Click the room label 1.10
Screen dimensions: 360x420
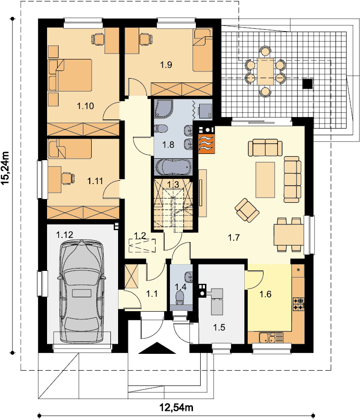(85, 106)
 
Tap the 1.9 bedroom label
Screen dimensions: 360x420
(166, 65)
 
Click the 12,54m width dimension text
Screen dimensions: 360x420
(177, 408)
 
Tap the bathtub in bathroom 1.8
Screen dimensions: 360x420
(174, 167)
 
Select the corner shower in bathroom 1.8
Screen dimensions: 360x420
(163, 109)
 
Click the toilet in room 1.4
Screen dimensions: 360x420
(180, 298)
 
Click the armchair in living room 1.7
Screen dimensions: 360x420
(247, 210)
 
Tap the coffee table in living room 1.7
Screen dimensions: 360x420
(265, 180)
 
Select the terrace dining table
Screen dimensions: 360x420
(265, 71)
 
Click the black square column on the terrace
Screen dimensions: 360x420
(308, 83)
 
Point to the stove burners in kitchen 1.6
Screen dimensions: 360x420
(298, 304)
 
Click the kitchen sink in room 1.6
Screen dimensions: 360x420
(271, 338)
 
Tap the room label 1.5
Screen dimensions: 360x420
(219, 327)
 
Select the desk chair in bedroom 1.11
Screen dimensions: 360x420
(68, 178)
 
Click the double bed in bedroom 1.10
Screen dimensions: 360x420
(70, 75)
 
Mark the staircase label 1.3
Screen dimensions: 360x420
(173, 184)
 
